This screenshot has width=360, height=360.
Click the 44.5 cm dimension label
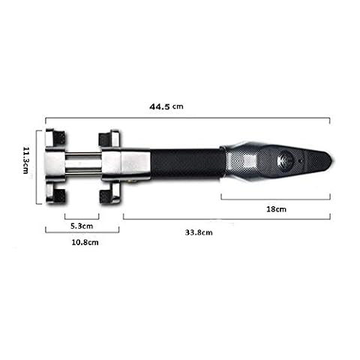point(166,106)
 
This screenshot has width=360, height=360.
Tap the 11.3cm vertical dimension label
point(26,160)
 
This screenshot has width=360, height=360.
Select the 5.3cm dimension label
point(82,226)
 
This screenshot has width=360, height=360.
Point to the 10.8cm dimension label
point(85,242)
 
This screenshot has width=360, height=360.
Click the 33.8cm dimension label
point(199,232)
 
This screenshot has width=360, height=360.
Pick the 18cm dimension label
point(276,209)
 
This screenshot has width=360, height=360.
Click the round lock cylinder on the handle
point(286,160)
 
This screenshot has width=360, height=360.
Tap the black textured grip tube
point(186,163)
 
